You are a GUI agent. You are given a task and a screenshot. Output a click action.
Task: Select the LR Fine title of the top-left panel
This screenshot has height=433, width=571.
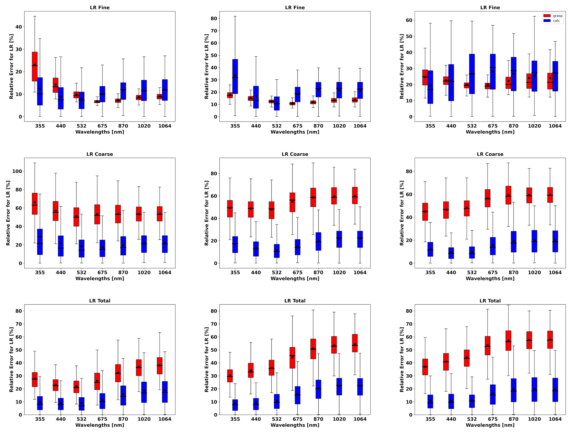coord(100,8)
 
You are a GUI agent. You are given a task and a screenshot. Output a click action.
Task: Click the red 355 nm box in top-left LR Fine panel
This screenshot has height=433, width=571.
coord(35,67)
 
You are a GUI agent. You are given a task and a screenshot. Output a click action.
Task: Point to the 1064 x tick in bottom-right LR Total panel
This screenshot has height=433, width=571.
coord(555,419)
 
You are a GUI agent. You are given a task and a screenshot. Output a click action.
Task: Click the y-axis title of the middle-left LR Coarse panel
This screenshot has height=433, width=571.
coord(8,213)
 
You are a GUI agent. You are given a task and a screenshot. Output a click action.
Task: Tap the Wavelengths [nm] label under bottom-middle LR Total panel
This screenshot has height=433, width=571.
coord(295,425)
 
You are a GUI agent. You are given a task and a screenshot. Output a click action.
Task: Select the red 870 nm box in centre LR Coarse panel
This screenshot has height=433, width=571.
coord(313,197)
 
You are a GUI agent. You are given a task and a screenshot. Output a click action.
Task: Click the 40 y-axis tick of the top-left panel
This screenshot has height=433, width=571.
coord(19,27)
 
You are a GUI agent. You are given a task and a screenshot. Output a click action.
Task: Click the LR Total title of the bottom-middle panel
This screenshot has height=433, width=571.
coord(295,301)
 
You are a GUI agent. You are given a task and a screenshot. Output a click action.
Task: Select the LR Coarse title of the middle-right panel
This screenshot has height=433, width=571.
coord(490,154)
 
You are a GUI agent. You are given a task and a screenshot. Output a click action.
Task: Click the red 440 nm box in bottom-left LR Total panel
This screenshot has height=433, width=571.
coord(56,385)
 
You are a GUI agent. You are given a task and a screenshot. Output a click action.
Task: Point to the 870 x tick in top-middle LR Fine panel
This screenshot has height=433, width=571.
coord(318,126)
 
